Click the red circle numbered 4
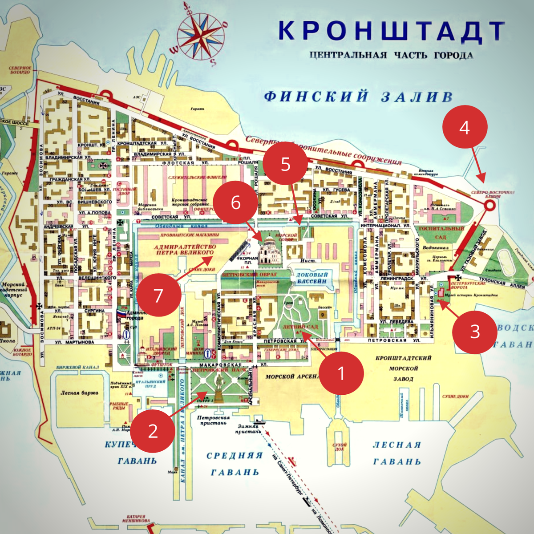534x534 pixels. pyautogui.click(x=465, y=127)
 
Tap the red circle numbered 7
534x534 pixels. pyautogui.click(x=158, y=295)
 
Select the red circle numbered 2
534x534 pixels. pyautogui.click(x=153, y=431)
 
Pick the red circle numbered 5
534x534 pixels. pyautogui.click(x=285, y=164)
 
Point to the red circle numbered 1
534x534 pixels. pyautogui.click(x=341, y=373)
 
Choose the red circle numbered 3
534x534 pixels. pyautogui.click(x=475, y=331)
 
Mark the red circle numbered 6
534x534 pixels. pyautogui.click(x=235, y=202)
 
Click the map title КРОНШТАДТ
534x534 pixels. pyautogui.click(x=392, y=31)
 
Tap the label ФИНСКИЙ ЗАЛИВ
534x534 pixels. pyautogui.click(x=359, y=97)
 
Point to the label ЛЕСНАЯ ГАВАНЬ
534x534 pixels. pyautogui.click(x=397, y=453)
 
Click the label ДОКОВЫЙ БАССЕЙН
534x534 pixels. pyautogui.click(x=311, y=278)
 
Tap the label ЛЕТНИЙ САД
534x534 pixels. pyautogui.click(x=300, y=327)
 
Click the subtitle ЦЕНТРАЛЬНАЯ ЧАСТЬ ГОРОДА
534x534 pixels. pyautogui.click(x=391, y=56)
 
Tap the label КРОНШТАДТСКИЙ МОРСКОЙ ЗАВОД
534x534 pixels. pyautogui.click(x=403, y=368)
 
